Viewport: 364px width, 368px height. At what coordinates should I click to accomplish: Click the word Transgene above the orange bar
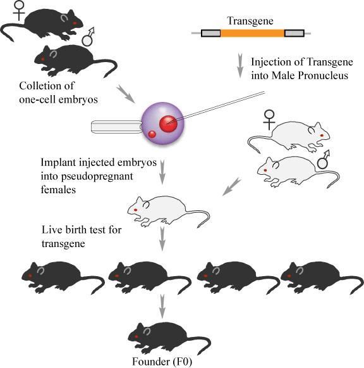250,21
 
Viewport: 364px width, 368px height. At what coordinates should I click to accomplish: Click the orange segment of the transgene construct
252,34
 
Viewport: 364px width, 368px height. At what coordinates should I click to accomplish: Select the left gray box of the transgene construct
210,34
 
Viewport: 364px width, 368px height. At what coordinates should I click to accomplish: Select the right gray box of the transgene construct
294,34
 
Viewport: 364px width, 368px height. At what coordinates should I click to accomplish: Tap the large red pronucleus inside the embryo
168,124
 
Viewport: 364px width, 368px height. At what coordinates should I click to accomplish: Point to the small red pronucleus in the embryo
152,134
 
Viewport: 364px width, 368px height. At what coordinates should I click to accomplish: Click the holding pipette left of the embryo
116,127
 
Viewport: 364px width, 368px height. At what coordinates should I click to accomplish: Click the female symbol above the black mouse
19,10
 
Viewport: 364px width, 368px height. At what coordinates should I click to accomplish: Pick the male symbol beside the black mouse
88,37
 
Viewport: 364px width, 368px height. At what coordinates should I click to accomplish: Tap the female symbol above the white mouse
269,120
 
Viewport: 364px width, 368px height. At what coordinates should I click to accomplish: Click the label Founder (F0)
162,362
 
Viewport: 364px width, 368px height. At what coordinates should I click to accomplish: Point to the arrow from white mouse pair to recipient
231,186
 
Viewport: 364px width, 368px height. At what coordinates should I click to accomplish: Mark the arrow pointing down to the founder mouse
162,307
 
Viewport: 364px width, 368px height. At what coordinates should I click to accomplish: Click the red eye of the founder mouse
136,337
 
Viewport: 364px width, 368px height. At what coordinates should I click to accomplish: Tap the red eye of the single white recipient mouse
135,210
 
